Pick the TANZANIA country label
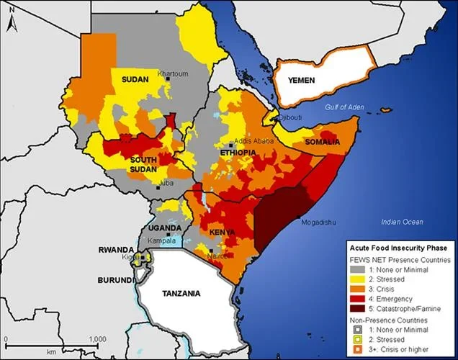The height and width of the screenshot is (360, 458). (x=181, y=294)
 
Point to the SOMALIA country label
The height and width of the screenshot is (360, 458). (x=323, y=143)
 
